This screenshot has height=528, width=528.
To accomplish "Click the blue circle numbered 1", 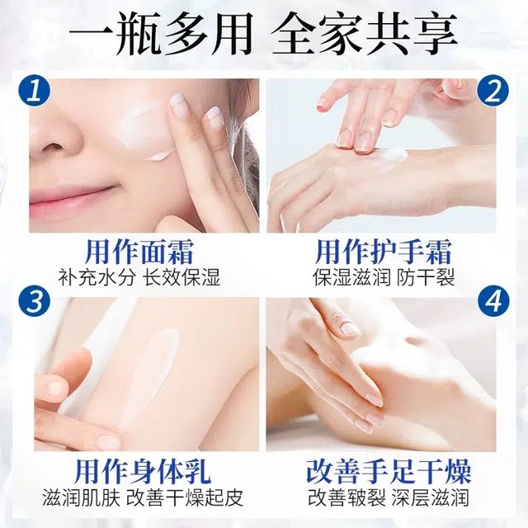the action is click(35, 90).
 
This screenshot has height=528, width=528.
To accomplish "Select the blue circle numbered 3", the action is click(35, 300).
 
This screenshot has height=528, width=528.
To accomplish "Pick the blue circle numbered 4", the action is click(493, 300).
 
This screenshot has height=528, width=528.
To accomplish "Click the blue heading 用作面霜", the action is click(139, 252).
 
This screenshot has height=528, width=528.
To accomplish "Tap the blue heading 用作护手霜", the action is click(384, 252).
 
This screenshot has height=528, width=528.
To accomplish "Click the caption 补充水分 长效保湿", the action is click(139, 277).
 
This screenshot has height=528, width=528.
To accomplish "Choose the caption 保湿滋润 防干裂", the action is click(384, 277).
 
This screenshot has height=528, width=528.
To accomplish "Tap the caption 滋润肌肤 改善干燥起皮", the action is click(143, 497).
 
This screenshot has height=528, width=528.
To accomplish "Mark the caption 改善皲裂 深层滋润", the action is click(389, 497).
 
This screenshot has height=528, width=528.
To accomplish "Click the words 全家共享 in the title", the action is click(365, 35).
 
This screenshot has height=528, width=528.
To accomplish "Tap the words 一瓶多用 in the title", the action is click(161, 35).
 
